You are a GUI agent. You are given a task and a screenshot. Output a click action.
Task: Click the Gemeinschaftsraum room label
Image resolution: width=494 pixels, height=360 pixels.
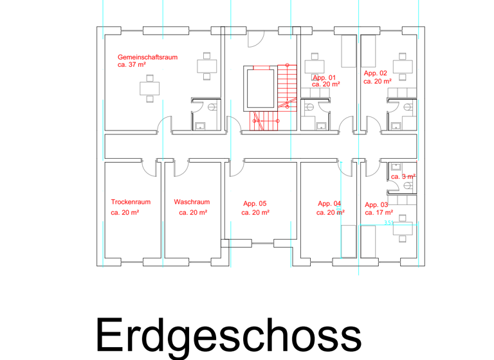[x=147, y=57]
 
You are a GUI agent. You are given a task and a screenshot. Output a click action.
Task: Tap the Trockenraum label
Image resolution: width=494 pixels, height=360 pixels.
[x=131, y=202]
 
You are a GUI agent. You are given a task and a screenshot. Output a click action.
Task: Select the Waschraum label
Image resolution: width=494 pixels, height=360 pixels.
[x=192, y=202]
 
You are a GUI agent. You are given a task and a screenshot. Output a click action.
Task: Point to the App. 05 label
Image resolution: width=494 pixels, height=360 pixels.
[x=255, y=204]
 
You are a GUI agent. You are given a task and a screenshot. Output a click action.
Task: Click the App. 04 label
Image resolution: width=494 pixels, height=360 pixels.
[x=329, y=204]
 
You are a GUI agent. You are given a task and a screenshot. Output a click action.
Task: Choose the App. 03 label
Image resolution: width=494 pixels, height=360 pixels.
[x=376, y=205]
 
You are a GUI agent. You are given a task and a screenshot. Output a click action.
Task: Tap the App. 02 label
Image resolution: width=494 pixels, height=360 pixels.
[x=375, y=73]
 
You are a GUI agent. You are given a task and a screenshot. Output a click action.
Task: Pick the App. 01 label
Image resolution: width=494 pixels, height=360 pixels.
[x=324, y=78]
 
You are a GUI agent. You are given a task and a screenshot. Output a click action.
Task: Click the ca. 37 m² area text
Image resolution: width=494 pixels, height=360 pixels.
[x=132, y=64]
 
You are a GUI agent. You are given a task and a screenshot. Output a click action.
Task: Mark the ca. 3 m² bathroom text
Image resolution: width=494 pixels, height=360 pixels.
[x=403, y=177]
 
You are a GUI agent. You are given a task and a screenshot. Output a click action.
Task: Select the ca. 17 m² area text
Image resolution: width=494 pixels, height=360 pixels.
[x=379, y=213]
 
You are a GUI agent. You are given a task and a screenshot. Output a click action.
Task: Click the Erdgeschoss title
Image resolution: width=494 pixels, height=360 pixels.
[x=229, y=336]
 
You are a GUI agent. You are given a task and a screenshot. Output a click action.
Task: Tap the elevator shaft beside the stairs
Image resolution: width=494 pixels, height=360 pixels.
[x=261, y=89]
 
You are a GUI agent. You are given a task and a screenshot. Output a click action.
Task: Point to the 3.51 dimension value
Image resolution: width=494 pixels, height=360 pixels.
[x=389, y=222]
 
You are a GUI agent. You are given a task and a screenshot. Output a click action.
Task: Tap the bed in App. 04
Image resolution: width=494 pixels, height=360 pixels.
[x=349, y=242]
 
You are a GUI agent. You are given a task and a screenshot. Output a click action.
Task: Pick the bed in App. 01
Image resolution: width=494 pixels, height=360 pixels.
[x=349, y=51]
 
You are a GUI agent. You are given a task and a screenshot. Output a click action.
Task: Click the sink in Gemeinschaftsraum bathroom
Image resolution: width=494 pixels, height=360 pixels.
[x=200, y=126]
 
